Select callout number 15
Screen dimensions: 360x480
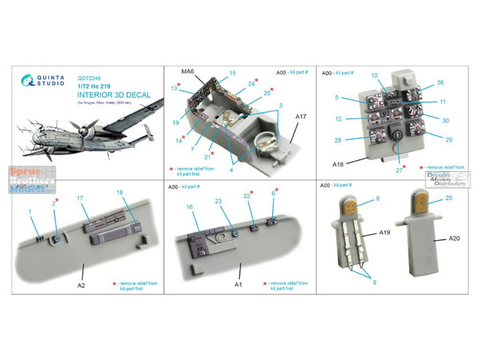pyautogui.click(x=233, y=73)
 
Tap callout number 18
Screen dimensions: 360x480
pyautogui.click(x=120, y=193)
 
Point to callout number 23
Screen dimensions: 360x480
pyautogui.click(x=219, y=201)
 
